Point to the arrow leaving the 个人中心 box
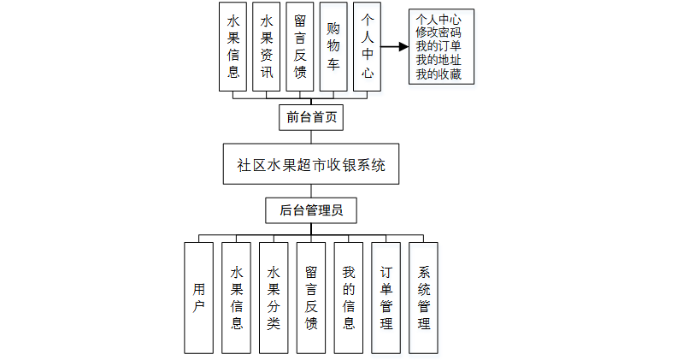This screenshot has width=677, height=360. [x=394, y=47]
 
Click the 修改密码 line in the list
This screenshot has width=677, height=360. [x=439, y=32]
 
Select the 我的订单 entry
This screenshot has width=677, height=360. [x=439, y=46]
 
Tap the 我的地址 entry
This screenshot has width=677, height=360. [x=439, y=61]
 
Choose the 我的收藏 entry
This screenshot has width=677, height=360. [x=439, y=75]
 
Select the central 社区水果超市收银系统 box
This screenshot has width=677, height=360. [x=311, y=165]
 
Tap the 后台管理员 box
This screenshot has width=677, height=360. [x=311, y=210]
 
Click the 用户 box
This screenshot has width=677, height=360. [x=198, y=298]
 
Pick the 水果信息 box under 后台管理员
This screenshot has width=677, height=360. [x=236, y=298]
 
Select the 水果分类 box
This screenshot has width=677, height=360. [x=274, y=298]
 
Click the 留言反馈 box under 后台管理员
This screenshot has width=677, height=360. [x=311, y=298]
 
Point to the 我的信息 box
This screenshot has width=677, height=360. [x=349, y=298]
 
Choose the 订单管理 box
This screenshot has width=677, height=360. [x=386, y=298]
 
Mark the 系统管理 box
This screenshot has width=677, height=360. [x=424, y=298]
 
